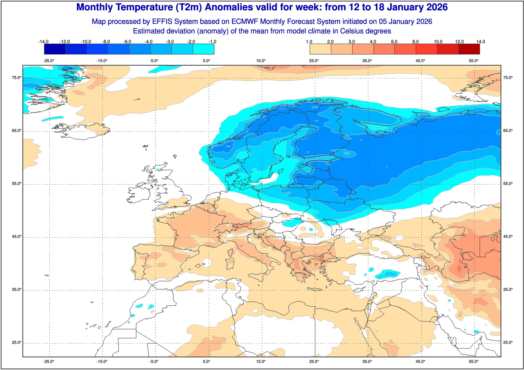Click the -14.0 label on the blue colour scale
(43, 42)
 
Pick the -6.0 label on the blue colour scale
(127, 42)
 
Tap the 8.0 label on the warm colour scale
(416, 42)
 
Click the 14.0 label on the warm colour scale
(481, 42)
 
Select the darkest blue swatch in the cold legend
(55, 49)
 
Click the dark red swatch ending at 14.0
(469, 49)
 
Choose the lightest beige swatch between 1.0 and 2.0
(320, 49)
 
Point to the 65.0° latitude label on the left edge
(16, 131)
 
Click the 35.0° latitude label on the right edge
(508, 290)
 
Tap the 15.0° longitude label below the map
(261, 362)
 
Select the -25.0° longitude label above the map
(49, 61)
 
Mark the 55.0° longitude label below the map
(474, 362)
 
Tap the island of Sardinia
(230, 263)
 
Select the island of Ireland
(139, 192)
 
